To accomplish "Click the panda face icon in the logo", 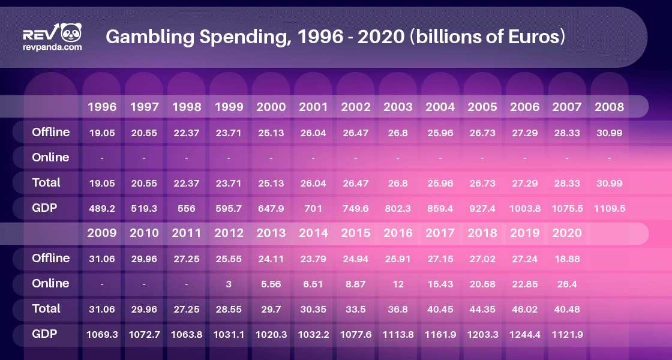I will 71,32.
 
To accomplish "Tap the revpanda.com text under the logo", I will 52,46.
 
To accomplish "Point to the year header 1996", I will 102,107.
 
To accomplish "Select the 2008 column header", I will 610,107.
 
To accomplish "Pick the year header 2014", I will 314,233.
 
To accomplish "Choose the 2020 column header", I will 567,233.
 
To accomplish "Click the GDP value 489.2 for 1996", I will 102,209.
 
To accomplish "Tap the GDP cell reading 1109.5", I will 610,209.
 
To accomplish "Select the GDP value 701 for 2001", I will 313,209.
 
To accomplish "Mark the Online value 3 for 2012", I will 229,284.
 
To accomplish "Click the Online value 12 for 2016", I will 398,284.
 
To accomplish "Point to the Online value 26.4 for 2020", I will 567,284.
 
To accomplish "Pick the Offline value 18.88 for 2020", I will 567,259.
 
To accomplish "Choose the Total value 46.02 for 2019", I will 525,309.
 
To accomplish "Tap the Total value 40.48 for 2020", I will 567,309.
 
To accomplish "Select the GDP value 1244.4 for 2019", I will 525,334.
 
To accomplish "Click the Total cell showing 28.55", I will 229,309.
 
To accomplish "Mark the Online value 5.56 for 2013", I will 271,284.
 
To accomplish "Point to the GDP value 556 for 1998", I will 187,209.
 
